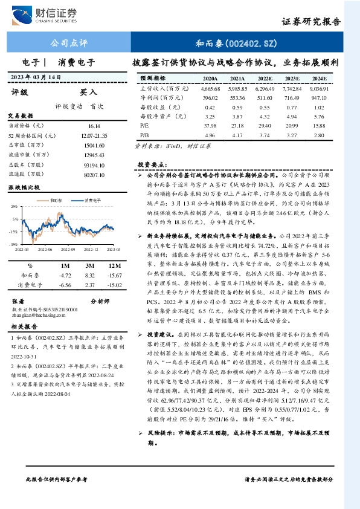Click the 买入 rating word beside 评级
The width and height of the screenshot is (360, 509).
[x=88, y=92]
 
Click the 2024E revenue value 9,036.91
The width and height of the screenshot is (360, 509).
[x=318, y=88]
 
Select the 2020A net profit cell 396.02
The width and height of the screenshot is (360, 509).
[x=210, y=97]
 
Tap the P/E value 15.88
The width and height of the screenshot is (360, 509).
[x=318, y=125]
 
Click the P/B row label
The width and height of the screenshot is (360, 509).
[x=144, y=134]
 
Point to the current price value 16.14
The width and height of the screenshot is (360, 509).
[x=94, y=125]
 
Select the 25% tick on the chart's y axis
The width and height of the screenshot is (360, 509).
[x=13, y=206]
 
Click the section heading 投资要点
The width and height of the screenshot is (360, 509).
[x=151, y=164]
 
